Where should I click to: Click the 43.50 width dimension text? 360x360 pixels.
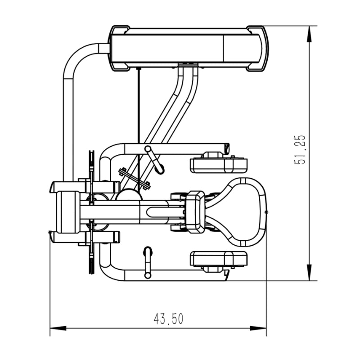tap(168, 319)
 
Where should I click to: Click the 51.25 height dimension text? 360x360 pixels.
tap(300, 150)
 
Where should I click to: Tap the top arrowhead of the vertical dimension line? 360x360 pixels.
tap(309, 34)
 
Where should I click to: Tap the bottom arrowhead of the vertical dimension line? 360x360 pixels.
tap(309, 273)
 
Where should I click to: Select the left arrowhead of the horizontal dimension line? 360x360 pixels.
tap(58, 328)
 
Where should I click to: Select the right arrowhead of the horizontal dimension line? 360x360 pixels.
tap(258, 328)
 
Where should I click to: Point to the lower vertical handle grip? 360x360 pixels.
tap(148, 263)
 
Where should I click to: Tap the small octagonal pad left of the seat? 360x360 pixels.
tap(195, 211)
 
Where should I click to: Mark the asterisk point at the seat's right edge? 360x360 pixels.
tap(266, 211)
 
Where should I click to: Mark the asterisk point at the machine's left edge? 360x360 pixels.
tap(49, 232)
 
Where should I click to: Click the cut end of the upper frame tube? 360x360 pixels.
tap(227, 149)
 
